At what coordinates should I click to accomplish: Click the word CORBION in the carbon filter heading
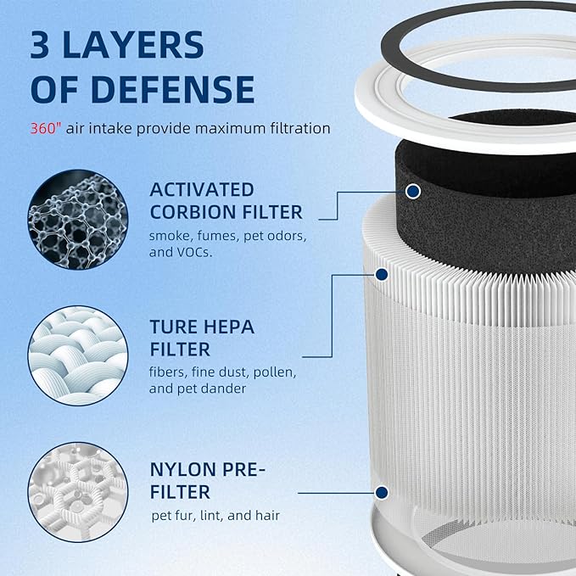click(x=201, y=212)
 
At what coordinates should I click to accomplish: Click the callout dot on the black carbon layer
click(x=413, y=193)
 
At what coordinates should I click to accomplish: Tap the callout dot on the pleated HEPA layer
click(x=382, y=274)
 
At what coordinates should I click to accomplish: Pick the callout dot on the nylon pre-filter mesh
click(x=382, y=492)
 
